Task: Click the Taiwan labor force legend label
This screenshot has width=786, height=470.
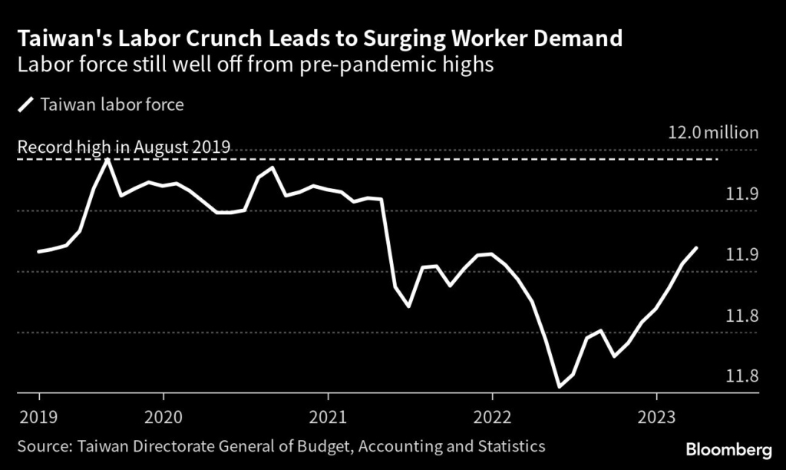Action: click(112, 104)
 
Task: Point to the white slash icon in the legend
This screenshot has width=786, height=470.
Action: click(26, 104)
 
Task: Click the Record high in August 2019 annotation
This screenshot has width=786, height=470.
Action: click(124, 147)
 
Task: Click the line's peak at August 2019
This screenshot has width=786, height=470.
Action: click(107, 159)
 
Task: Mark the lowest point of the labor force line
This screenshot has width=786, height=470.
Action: click(560, 386)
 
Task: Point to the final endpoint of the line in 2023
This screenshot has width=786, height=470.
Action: click(696, 248)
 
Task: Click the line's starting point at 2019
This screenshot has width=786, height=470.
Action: click(39, 251)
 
